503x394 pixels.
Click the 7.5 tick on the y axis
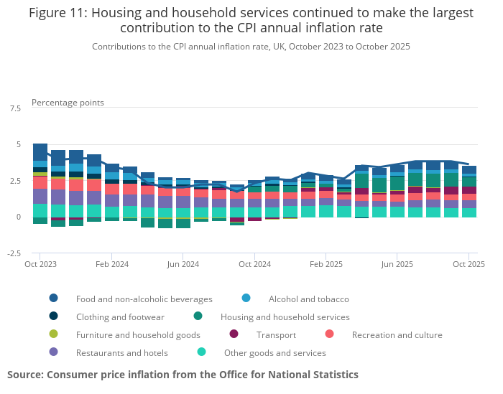15,108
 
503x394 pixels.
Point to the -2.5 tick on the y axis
14,253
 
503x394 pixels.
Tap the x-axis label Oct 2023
40,264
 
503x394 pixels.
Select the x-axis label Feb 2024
111,264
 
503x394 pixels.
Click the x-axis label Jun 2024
183,264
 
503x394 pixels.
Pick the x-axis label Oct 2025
469,264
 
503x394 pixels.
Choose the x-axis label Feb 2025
326,264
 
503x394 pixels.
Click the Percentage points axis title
68,103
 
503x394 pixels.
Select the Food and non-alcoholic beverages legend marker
54,299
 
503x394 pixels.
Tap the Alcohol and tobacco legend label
308,299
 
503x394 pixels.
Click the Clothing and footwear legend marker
54,316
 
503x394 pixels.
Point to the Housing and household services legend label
285,316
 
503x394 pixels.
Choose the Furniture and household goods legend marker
54,334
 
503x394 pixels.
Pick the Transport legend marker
234,334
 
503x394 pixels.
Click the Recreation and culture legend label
397,334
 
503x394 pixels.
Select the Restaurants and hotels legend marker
54,352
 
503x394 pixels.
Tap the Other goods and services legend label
274,352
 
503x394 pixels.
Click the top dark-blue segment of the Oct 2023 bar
40,152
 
